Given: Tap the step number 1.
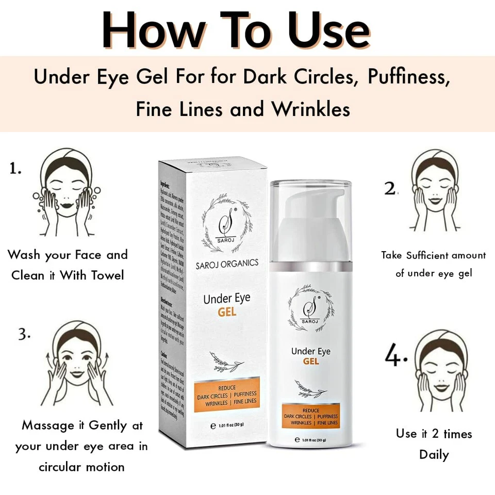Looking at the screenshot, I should [x=15, y=168].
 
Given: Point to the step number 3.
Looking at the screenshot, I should [x=24, y=334].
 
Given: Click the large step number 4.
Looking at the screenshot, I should [x=396, y=356].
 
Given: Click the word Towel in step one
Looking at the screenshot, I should [x=101, y=275].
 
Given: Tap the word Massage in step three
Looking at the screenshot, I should [x=48, y=426].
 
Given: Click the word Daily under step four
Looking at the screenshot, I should [x=434, y=455].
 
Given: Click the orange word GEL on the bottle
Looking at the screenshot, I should [x=311, y=361].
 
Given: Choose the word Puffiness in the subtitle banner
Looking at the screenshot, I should [x=406, y=77].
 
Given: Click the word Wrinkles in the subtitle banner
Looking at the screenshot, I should [x=311, y=109].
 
